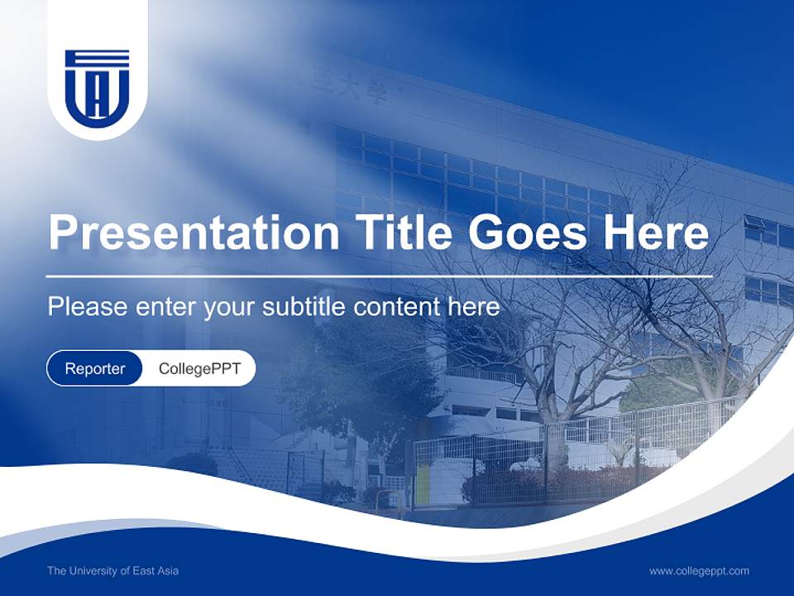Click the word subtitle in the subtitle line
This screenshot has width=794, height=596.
[305, 307]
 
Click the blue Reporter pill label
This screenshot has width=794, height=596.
[95, 369]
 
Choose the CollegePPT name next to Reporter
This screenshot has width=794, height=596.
[199, 369]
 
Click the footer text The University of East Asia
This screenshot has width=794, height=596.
[112, 570]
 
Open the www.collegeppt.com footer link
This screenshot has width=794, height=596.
[699, 570]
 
